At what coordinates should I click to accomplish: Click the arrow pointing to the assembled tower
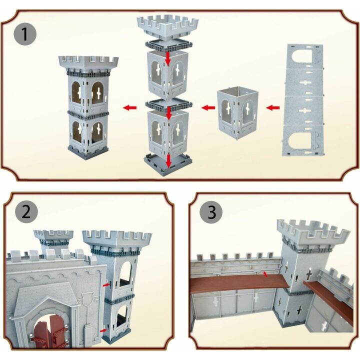(x=130, y=107)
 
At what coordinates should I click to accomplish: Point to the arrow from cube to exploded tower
(x=208, y=107)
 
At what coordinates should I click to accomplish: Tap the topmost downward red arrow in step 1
(x=168, y=58)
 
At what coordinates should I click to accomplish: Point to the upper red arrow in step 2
(x=106, y=285)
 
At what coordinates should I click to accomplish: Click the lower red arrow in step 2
(x=103, y=330)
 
